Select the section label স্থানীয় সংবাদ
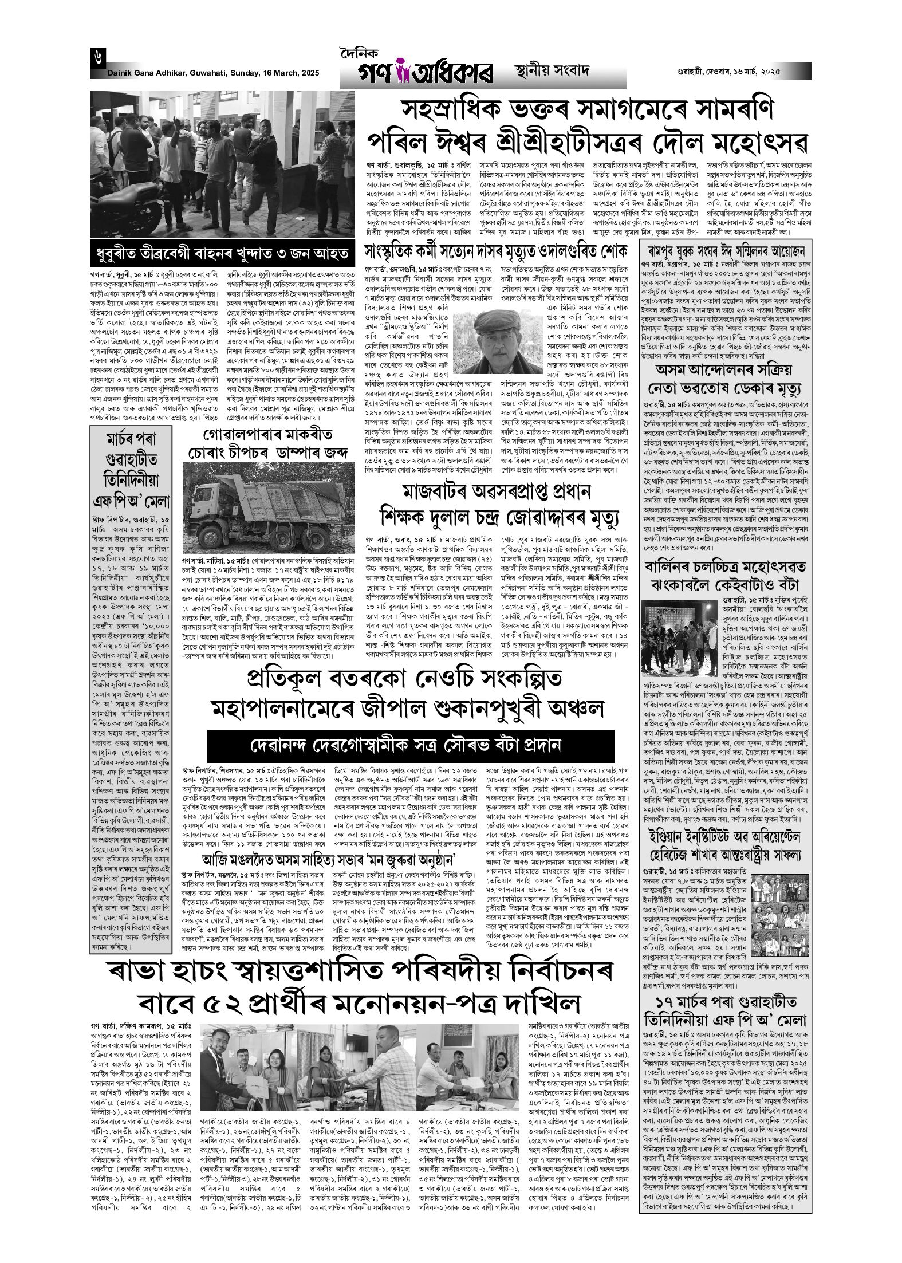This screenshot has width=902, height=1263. tap(547, 73)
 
